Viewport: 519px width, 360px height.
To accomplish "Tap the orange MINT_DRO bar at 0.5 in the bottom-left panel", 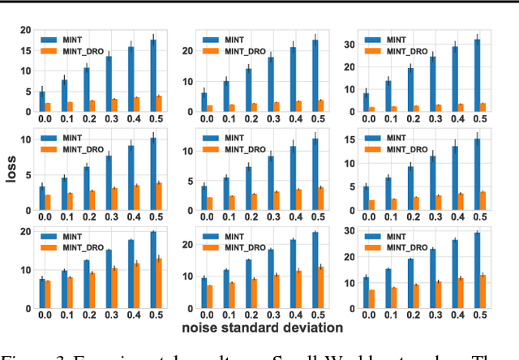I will point(158,283).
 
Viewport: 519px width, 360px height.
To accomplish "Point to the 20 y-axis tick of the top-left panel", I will point(27,31).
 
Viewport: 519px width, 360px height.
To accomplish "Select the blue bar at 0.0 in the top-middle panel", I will point(204,101).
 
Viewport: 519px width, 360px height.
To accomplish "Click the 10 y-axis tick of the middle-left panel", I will point(27,140).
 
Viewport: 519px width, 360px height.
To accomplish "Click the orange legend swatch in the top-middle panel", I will point(210,50).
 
